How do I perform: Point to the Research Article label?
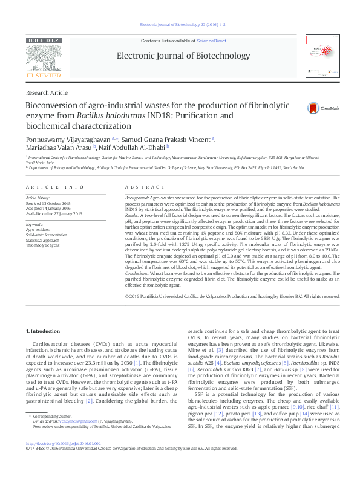(47, 92)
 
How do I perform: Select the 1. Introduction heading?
(44, 332)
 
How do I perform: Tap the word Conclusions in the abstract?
(138, 273)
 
